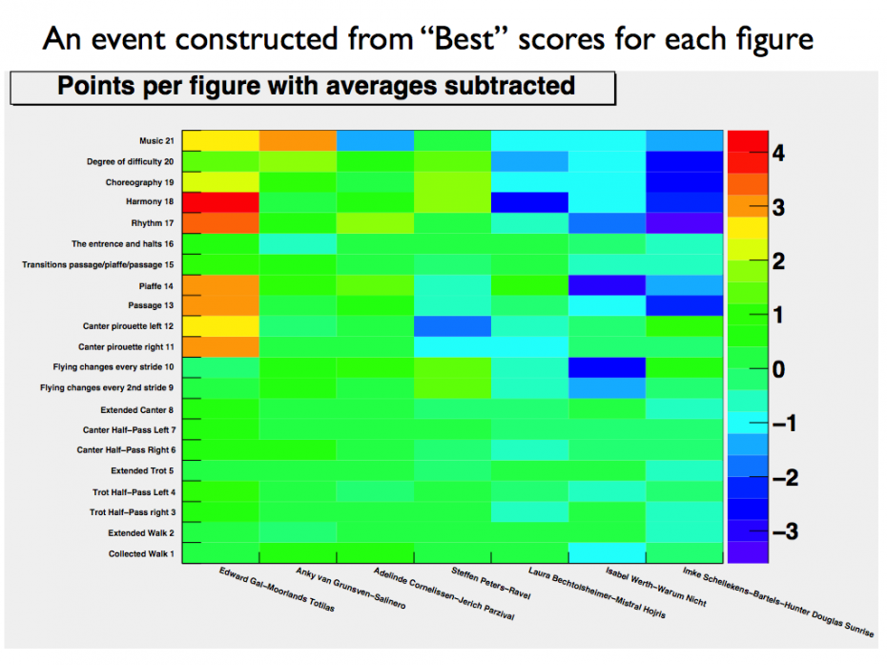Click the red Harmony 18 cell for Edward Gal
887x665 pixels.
(x=220, y=201)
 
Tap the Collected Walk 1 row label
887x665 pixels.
(x=140, y=554)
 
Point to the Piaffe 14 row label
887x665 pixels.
(x=154, y=285)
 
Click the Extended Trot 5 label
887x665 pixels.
(x=141, y=471)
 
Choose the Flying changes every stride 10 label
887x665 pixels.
(x=113, y=367)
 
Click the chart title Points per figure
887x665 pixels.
(x=316, y=87)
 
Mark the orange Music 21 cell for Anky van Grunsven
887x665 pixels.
(x=298, y=139)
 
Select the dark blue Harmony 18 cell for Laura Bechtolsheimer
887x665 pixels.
(x=530, y=201)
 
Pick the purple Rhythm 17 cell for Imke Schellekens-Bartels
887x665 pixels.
(x=685, y=222)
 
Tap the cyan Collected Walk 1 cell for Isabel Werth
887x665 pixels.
(x=608, y=552)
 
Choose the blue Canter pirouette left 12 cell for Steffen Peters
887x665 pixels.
(x=453, y=325)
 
